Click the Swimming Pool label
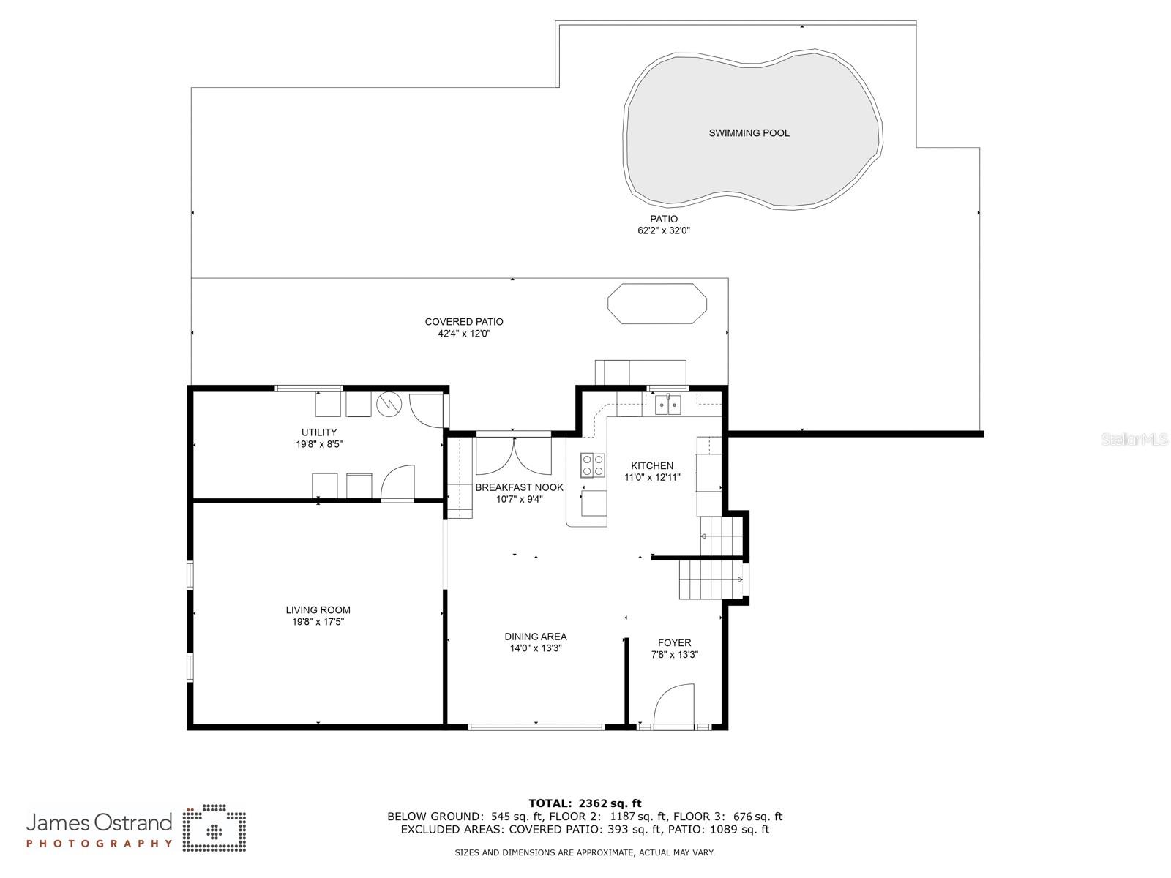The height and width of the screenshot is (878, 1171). pos(749,132)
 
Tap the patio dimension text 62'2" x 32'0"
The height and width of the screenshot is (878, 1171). pos(664,230)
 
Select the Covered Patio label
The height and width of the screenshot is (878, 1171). pos(463,321)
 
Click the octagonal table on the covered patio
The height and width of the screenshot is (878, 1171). pos(656,304)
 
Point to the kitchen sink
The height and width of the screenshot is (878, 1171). pos(667,405)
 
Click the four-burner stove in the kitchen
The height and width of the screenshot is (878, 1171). pos(593,464)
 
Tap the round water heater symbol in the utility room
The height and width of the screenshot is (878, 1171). pos(389,405)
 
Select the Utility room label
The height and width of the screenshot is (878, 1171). pos(319,432)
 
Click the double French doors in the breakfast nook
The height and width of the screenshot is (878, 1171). pos(513,456)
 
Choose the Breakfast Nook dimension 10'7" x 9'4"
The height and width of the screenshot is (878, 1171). pos(519,499)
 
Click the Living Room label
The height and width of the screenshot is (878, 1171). pos(318,610)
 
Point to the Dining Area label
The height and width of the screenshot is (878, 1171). pos(536,637)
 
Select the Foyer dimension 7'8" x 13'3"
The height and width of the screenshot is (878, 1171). pos(674,655)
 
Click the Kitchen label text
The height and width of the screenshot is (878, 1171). pos(652,465)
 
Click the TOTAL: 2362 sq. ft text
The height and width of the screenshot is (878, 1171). pos(585,803)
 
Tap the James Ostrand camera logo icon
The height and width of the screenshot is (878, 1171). pos(214,828)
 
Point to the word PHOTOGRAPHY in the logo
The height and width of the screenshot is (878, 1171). pos(100,844)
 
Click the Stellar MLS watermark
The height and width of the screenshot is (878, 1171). pos(1134,439)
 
